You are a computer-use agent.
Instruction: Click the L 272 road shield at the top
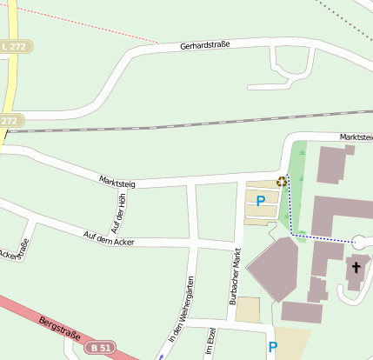coord(13,45)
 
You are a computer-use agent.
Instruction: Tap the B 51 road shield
coord(100,348)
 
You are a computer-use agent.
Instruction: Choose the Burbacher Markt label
coord(234,277)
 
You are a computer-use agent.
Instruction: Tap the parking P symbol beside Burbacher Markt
coord(260,201)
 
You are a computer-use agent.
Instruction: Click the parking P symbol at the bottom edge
coord(273,347)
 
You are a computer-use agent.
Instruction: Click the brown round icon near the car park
coord(281,182)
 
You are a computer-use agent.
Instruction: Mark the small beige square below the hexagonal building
coord(248,310)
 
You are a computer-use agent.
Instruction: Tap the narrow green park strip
coord(297,187)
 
